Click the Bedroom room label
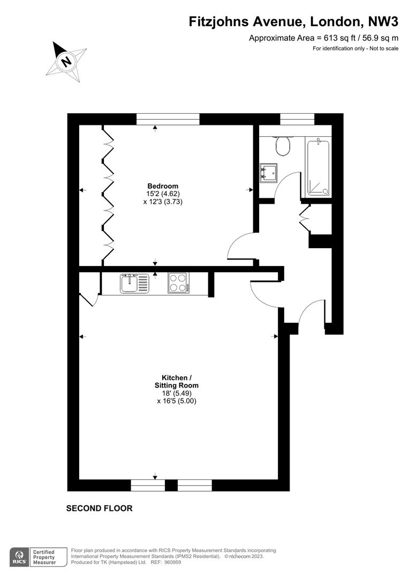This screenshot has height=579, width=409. point(163,186)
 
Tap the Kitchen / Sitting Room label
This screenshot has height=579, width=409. point(176,382)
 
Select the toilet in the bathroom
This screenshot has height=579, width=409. point(283,146)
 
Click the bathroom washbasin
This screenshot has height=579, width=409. point(269,173)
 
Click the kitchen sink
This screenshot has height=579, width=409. point(134,284)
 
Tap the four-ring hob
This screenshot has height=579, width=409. point(178,283)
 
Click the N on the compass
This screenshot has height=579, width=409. point(66,61)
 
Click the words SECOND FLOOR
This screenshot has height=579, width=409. point(99,508)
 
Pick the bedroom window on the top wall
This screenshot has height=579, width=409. point(168,119)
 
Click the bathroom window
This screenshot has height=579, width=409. point(297,119)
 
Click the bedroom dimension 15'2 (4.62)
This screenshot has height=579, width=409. point(163,194)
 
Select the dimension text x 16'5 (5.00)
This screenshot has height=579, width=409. point(177,401)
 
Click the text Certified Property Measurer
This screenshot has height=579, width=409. point(44,557)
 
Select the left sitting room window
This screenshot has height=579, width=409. point(148,486)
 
